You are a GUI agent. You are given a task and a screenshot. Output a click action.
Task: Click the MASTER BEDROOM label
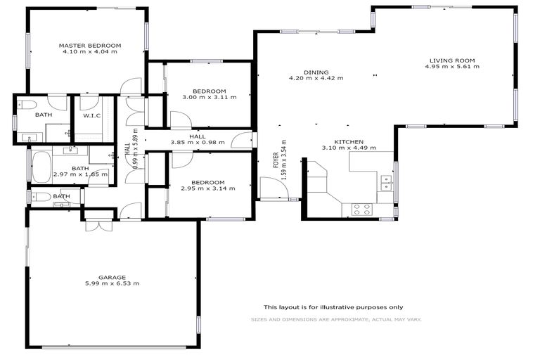coord(90,45)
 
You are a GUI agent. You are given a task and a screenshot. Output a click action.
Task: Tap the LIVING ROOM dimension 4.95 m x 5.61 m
coord(452,67)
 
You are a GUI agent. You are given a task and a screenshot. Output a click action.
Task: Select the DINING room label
coord(316,72)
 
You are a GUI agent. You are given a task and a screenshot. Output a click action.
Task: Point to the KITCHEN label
coord(349,142)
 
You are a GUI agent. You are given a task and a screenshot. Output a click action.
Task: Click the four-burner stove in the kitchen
coord(362,208)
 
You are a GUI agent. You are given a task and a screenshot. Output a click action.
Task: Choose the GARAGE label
coord(112,277)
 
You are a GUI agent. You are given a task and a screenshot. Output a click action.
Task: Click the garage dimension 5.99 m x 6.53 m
coord(112,284)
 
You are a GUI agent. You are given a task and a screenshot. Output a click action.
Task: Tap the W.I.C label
coord(91,116)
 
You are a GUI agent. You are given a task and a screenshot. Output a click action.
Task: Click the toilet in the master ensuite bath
coord(27,105)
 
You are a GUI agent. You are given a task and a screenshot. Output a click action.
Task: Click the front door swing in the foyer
coord(270,188)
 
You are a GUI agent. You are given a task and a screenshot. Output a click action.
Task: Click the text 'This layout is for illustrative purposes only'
coord(333,307)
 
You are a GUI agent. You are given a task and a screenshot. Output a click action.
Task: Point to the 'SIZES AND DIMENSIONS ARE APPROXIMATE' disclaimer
coord(336,320)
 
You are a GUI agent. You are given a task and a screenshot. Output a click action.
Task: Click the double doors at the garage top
coord(98,225)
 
